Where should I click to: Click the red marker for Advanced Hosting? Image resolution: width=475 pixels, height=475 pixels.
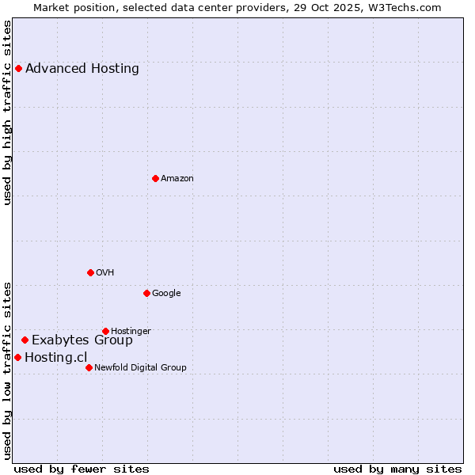click(x=18, y=68)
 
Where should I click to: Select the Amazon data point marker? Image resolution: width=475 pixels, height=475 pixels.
click(x=155, y=178)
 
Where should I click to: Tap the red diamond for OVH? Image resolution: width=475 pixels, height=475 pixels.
click(x=90, y=272)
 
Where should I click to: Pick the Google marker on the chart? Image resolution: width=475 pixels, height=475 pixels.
click(x=146, y=293)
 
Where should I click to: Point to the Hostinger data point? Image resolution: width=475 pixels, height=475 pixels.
click(x=105, y=331)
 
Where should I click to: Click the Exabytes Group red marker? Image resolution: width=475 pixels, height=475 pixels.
click(x=25, y=340)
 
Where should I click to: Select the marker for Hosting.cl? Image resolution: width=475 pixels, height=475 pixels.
click(x=17, y=357)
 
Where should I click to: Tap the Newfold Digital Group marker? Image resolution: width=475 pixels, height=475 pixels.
click(x=89, y=367)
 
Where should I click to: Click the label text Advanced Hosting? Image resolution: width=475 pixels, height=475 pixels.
click(x=82, y=68)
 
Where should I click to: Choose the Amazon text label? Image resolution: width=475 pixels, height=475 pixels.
click(x=177, y=178)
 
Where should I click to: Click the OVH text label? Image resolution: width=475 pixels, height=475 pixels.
click(x=105, y=272)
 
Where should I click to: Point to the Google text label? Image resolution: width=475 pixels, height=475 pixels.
click(x=166, y=293)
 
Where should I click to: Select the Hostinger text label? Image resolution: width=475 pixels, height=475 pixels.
click(x=131, y=331)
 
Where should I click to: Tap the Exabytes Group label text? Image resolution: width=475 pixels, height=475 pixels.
click(x=82, y=340)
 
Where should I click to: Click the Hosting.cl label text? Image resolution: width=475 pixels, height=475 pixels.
click(x=55, y=357)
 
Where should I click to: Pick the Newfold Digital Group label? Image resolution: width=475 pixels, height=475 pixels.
click(x=140, y=367)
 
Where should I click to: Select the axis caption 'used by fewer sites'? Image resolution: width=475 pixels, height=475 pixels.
click(x=82, y=469)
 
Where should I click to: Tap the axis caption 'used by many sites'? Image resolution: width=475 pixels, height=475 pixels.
click(x=397, y=469)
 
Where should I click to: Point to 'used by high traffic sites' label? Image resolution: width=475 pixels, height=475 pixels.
click(x=7, y=112)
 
